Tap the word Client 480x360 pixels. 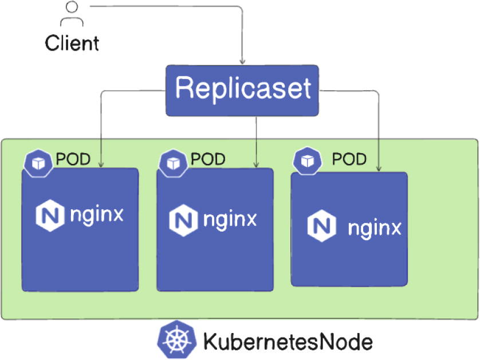72,43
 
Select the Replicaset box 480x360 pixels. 242,89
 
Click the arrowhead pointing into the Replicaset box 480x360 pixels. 243,61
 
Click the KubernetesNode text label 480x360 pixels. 288,342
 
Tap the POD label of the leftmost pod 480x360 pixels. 73,159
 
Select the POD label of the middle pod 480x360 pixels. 208,159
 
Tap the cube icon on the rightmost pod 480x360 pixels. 307,161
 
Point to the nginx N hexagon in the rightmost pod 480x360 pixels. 320,226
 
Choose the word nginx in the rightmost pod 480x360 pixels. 374,228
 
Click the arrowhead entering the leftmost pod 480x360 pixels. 101,165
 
